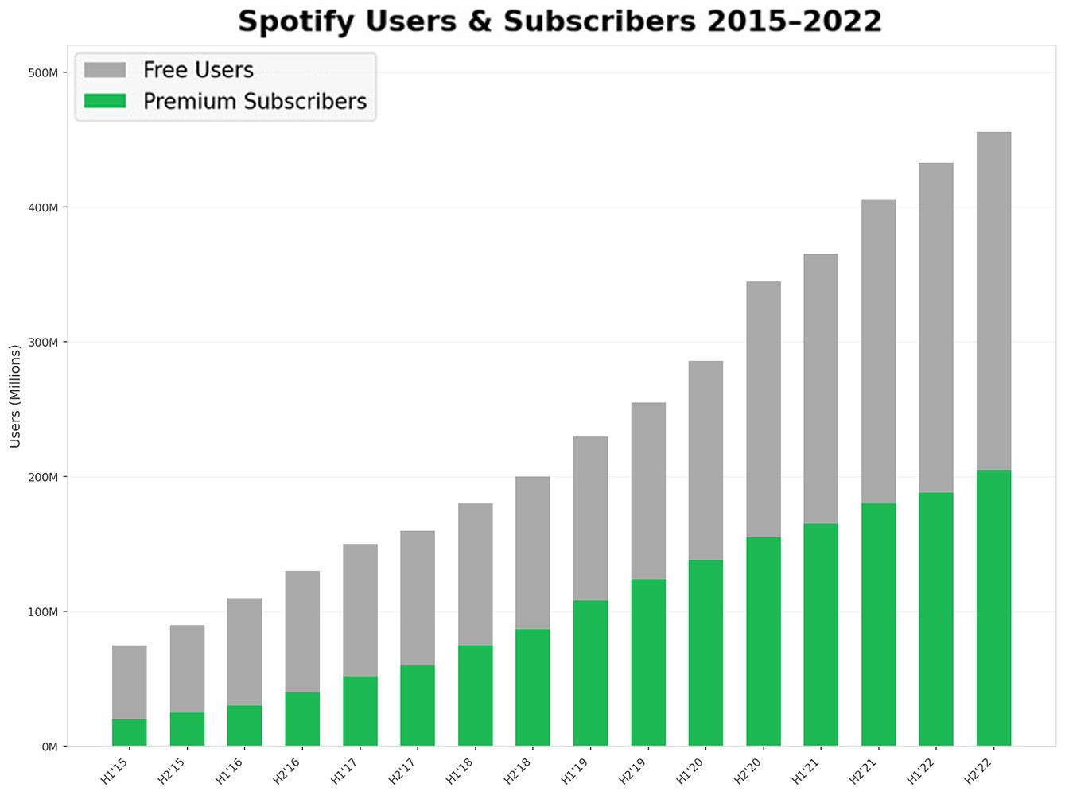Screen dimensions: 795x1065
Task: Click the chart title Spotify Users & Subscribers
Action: [560, 21]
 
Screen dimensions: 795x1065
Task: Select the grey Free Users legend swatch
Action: [105, 70]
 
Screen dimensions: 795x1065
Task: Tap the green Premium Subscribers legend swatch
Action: [105, 101]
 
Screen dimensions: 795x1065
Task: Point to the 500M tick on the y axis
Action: [43, 73]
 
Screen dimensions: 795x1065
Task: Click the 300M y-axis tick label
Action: [43, 343]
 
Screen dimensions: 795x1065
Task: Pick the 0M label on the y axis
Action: [49, 747]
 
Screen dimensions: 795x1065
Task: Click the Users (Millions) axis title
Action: [15, 396]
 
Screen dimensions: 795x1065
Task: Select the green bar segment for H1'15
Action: [129, 732]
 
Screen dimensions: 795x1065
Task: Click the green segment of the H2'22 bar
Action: [993, 607]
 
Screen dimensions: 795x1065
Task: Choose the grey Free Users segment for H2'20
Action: [763, 409]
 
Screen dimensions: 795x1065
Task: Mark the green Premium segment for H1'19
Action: [590, 673]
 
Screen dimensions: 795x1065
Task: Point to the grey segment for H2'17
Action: [418, 598]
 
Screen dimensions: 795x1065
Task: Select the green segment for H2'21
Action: [878, 624]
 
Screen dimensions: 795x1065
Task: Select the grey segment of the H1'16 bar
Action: [244, 652]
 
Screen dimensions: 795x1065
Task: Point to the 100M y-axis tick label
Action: [43, 612]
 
